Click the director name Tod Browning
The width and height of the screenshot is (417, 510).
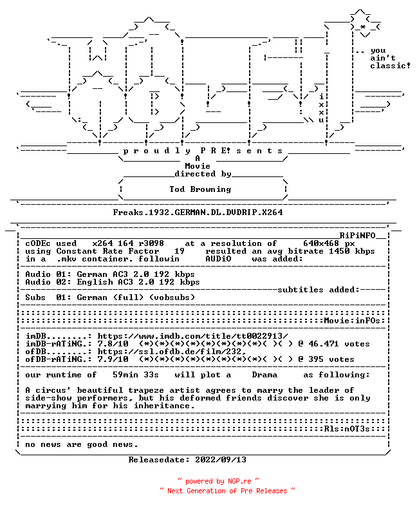(x=200, y=189)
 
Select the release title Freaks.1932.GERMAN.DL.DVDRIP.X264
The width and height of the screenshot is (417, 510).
(x=198, y=212)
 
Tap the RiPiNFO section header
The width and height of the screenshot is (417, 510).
(x=358, y=236)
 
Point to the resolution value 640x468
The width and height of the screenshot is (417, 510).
(x=321, y=243)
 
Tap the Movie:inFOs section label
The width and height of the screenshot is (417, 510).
(x=352, y=321)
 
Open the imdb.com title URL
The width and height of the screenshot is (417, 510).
(x=193, y=336)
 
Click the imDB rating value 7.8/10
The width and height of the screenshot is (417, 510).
(x=113, y=344)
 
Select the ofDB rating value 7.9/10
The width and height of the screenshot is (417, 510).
(x=113, y=359)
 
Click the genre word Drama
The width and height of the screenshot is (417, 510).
(x=264, y=375)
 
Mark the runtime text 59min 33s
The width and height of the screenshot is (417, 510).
(x=136, y=375)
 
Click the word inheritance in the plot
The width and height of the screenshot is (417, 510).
(x=164, y=406)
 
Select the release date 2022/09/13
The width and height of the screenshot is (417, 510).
(x=221, y=460)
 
